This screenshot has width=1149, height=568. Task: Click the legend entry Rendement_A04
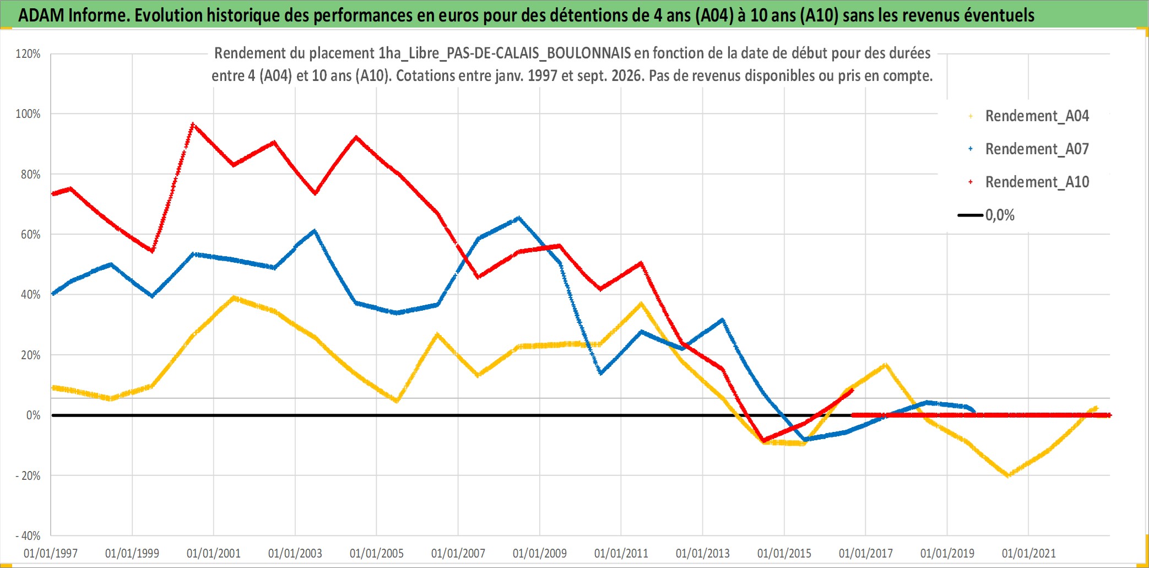tap(1028, 116)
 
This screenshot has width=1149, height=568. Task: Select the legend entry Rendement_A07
tap(1028, 149)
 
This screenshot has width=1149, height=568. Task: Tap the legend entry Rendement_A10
tap(1028, 182)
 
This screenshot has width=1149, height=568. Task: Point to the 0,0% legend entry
tap(987, 215)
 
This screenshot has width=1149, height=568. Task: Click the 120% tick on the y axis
tap(28, 54)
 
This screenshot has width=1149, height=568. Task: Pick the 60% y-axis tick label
tap(30, 235)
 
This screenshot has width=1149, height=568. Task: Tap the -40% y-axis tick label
tap(28, 536)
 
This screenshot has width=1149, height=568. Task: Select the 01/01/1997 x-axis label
tap(51, 553)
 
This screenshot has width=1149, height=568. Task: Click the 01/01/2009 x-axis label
tap(540, 553)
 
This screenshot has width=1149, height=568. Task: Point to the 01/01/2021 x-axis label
tap(1029, 553)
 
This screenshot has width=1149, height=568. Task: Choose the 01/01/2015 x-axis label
tap(784, 553)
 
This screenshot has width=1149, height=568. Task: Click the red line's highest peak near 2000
tap(193, 124)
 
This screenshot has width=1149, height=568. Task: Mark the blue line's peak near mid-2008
tap(518, 218)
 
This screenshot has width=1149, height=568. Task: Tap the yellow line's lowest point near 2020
tap(1008, 475)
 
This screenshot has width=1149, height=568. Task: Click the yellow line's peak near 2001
tap(234, 298)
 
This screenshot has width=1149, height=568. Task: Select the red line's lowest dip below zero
tap(763, 441)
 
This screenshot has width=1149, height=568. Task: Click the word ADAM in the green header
tap(41, 15)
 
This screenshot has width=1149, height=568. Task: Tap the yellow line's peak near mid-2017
tap(886, 365)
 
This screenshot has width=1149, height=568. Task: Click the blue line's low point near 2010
tap(600, 373)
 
